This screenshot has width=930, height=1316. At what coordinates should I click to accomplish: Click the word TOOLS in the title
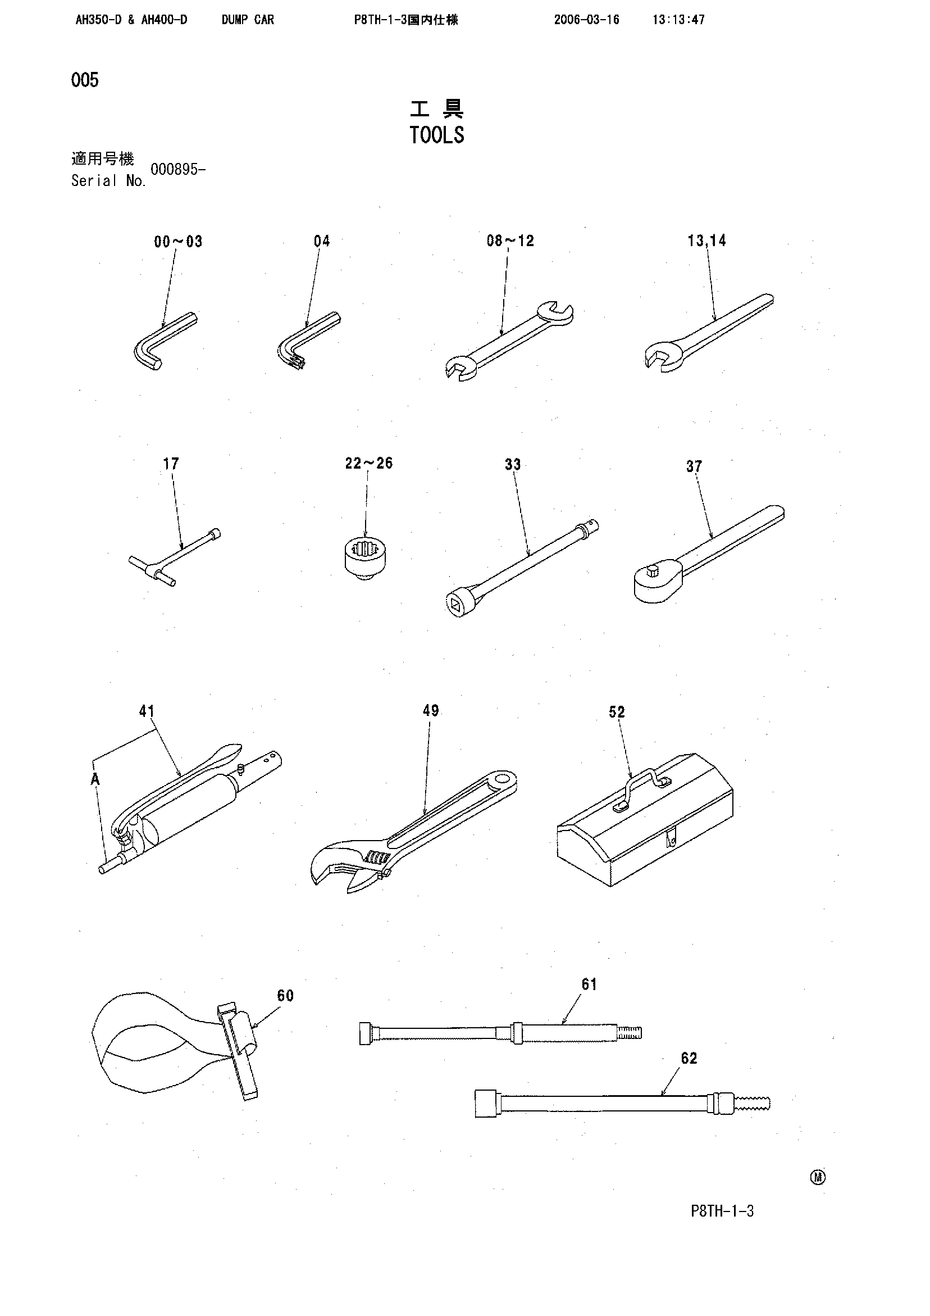click(x=436, y=135)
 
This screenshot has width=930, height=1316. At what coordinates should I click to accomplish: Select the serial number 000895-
click(x=177, y=170)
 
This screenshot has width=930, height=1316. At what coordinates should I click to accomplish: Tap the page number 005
click(x=85, y=80)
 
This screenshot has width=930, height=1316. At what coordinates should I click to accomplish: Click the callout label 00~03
click(x=178, y=241)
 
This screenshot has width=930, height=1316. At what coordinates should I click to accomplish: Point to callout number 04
click(x=322, y=241)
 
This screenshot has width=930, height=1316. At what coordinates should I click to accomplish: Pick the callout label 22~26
click(x=369, y=463)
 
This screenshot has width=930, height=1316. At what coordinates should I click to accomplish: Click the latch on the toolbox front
click(x=671, y=839)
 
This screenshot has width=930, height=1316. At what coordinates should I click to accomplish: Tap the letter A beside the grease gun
click(x=95, y=779)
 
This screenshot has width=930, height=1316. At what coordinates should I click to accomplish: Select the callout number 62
click(x=689, y=1058)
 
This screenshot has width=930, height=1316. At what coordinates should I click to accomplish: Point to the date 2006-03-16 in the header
click(x=586, y=20)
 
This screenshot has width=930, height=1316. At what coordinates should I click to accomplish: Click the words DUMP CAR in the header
click(x=248, y=20)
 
